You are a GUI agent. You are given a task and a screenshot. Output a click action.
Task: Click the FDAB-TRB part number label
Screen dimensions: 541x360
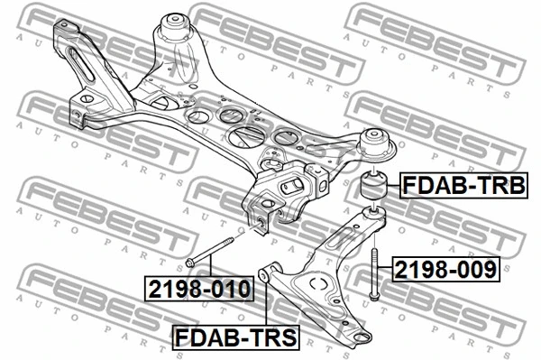463,185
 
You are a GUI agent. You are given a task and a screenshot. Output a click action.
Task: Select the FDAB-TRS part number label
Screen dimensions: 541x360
236,337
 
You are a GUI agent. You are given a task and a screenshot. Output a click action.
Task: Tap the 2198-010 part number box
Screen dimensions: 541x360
199,289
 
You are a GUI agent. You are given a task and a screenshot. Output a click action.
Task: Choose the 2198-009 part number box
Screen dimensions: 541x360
445,269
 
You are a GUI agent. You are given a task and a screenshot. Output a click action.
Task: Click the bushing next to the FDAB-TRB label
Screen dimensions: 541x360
374,187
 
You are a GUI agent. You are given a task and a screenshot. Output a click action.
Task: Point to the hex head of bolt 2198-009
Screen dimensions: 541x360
373,296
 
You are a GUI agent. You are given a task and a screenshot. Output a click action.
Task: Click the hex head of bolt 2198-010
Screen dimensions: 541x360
190,263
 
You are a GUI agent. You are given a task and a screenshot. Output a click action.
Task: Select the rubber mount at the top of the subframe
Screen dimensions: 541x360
176,29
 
